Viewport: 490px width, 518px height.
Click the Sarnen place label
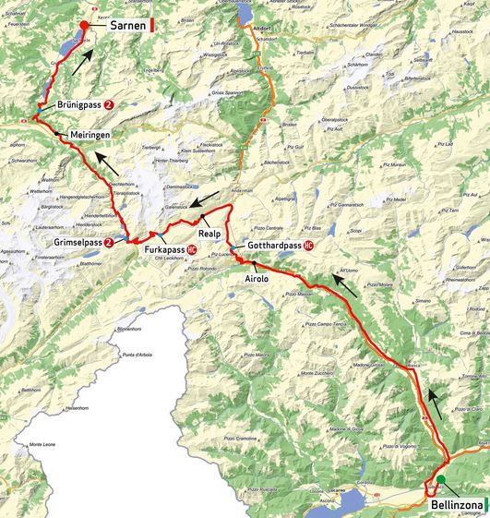[128, 27]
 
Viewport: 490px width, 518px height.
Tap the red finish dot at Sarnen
[84, 26]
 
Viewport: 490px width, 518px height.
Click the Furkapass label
[162, 248]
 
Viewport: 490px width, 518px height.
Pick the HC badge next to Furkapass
[192, 248]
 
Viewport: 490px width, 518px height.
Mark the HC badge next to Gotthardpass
[308, 246]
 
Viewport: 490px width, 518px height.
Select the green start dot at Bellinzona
[441, 478]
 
